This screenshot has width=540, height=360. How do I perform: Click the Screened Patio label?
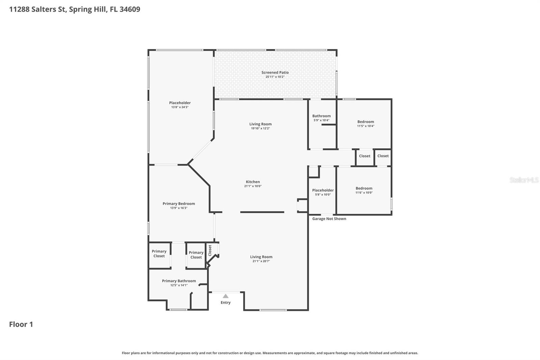275,72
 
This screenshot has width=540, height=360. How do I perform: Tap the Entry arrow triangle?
225,296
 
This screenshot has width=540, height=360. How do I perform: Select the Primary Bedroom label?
179,204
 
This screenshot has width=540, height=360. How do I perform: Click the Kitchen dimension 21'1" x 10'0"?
253,186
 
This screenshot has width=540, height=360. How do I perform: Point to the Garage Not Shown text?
329,219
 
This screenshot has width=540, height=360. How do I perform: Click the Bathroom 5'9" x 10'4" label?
321,116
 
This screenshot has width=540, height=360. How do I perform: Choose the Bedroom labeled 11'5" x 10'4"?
366,122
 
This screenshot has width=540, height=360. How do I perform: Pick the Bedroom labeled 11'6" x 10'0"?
364,188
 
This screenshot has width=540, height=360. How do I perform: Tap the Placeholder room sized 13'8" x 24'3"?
180,103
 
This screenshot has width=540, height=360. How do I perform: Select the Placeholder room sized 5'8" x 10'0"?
323,190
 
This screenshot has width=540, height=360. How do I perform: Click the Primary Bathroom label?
179,281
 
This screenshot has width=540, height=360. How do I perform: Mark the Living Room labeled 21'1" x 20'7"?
261,257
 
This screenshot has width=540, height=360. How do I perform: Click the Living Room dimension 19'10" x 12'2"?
260,128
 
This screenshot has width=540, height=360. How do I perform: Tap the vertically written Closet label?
210,250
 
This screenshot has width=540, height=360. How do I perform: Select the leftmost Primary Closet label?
159,254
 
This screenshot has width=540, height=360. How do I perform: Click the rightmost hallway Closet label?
383,156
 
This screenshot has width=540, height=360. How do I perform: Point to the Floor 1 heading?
21,324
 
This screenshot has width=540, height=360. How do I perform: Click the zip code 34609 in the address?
130,9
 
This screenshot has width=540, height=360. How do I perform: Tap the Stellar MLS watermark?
524,180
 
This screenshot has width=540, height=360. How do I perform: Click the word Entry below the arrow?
225,303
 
